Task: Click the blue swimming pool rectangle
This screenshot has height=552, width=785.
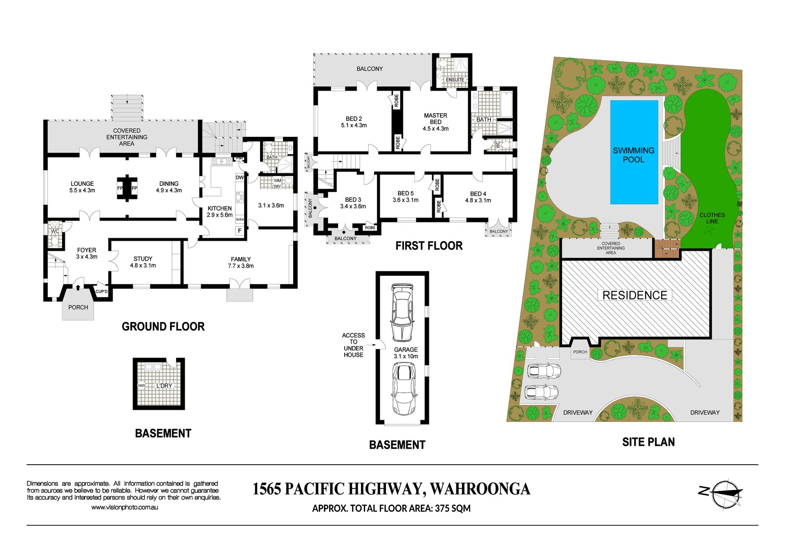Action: [x=634, y=152]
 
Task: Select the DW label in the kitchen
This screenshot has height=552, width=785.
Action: [x=240, y=177]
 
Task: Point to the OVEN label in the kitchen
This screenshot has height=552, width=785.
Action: [x=240, y=219]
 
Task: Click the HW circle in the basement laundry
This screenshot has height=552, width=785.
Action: [x=141, y=385]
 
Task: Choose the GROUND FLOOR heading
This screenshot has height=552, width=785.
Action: [x=163, y=326]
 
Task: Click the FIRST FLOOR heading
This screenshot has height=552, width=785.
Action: [x=429, y=246]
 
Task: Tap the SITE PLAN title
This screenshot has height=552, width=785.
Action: [x=648, y=442]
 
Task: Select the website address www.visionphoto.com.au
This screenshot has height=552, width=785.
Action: [x=124, y=507]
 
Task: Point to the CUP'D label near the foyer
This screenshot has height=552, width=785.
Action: [x=101, y=291]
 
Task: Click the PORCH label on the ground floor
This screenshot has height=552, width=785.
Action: [x=78, y=307]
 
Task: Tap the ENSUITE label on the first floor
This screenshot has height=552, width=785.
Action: [x=455, y=80]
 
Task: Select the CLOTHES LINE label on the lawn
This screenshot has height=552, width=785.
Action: [x=712, y=218]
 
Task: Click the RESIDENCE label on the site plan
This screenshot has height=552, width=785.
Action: [x=635, y=295]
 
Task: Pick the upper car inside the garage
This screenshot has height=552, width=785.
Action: [x=402, y=313]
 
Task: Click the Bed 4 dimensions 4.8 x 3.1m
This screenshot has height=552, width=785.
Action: [x=478, y=200]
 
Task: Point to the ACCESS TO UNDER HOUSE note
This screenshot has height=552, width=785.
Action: [x=353, y=345]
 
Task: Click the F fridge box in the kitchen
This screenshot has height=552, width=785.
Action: [x=240, y=230]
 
